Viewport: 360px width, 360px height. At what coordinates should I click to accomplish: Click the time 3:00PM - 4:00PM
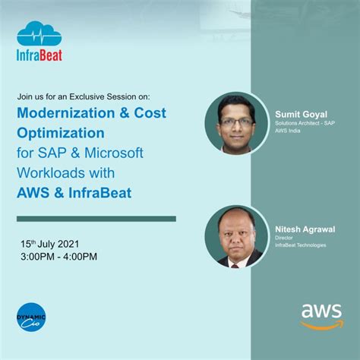click(59, 257)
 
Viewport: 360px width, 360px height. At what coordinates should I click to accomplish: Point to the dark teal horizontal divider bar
click(96, 219)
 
